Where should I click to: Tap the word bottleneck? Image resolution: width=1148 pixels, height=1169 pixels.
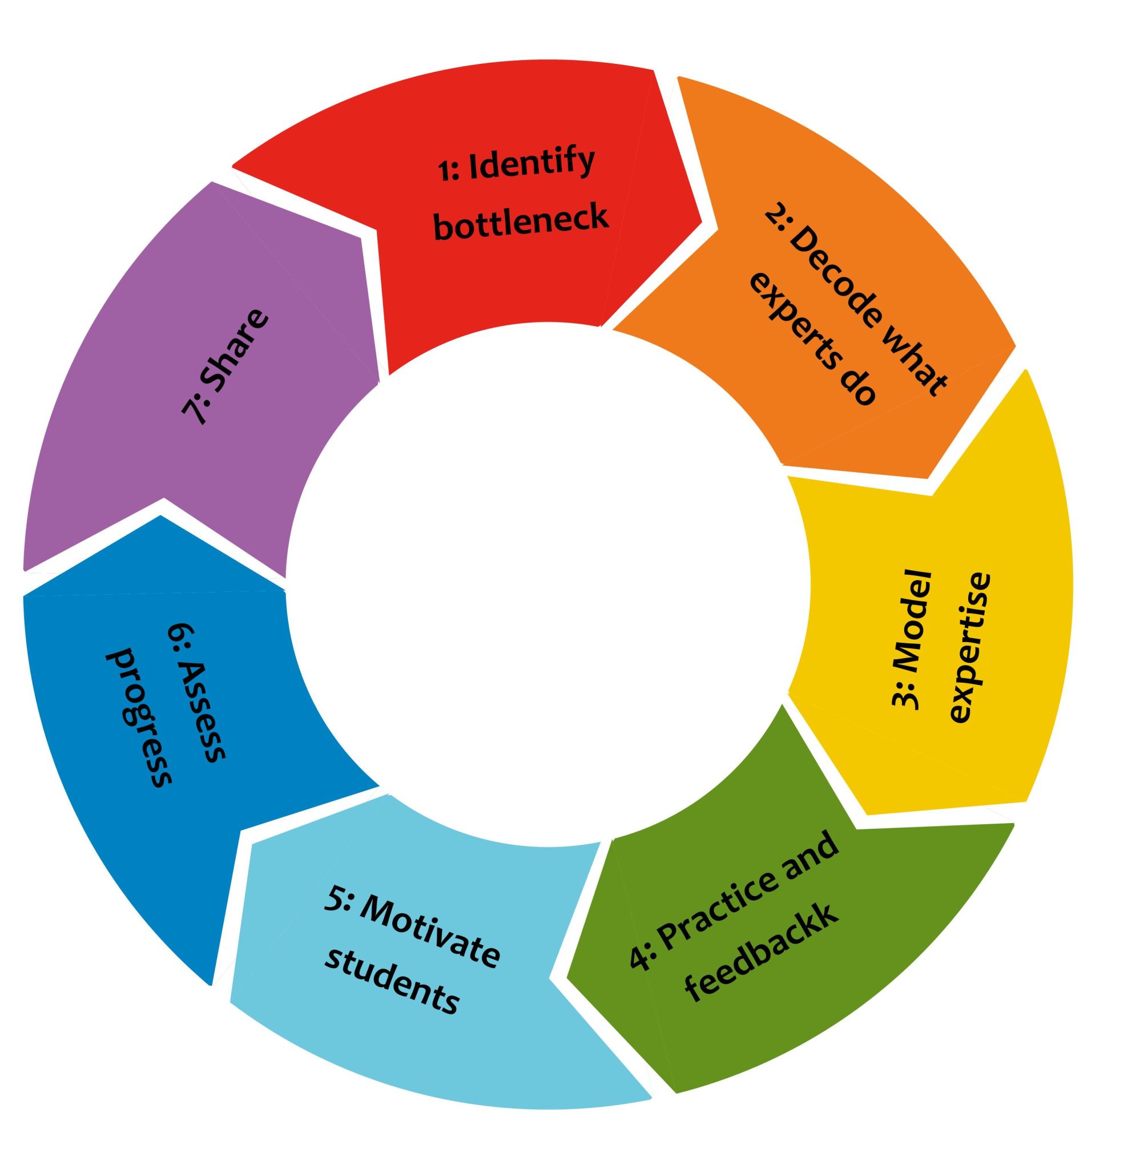pos(522,223)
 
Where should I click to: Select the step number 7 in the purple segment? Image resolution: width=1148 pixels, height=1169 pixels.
pos(193,413)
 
